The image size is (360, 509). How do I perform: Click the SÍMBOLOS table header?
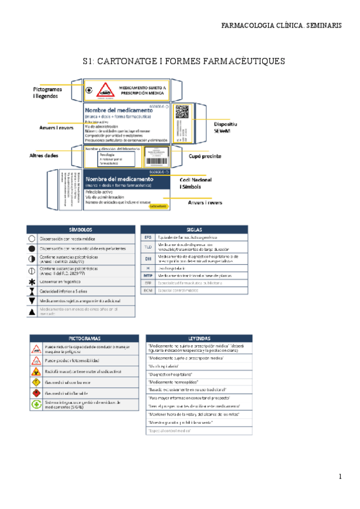tap(80, 229)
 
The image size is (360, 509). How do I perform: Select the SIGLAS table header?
tap(194, 229)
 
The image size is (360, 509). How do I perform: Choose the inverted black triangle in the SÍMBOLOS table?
tap(32, 300)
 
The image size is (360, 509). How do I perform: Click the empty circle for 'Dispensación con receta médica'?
tap(32, 238)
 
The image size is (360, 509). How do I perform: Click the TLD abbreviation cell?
tap(148, 247)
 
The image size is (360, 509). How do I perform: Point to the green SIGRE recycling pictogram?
tap(37, 405)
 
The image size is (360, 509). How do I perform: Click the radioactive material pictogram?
tap(37, 372)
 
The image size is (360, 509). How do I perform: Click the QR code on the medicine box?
tap(182, 112)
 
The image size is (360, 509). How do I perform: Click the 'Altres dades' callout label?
tap(44, 155)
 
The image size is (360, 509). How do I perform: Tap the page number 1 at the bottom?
tap(340, 477)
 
